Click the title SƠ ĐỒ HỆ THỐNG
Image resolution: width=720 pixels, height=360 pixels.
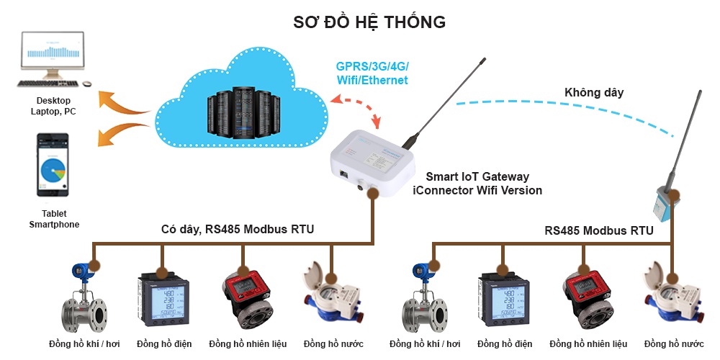pyautogui.click(x=369, y=22)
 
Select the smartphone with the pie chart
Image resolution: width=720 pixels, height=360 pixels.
pyautogui.click(x=53, y=165)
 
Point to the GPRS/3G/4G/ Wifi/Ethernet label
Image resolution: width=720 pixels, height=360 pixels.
pyautogui.click(x=372, y=73)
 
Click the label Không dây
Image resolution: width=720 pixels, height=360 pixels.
pyautogui.click(x=593, y=92)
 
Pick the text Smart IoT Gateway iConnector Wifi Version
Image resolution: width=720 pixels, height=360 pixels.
pyautogui.click(x=477, y=184)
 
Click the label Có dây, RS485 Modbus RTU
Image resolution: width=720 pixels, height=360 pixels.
pyautogui.click(x=237, y=230)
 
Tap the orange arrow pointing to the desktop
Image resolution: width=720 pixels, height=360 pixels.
pyautogui.click(x=122, y=102)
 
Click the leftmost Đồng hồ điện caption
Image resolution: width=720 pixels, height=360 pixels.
pyautogui.click(x=164, y=343)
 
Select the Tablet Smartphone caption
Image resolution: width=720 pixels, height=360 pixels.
pyautogui.click(x=54, y=220)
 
